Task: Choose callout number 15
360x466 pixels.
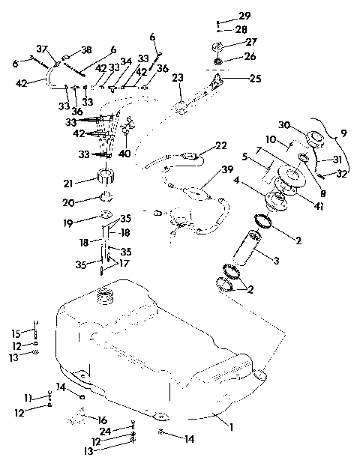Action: click(16, 333)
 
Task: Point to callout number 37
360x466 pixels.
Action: click(43, 49)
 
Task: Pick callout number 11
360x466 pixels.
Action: click(27, 397)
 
